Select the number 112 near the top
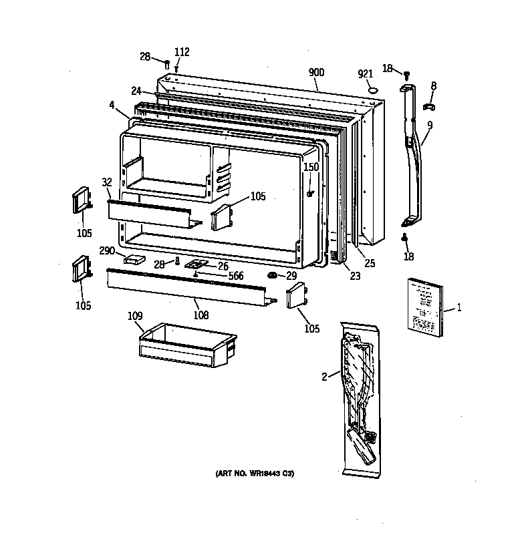pyautogui.click(x=182, y=53)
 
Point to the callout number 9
pyautogui.click(x=429, y=124)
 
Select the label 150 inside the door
pyautogui.click(x=311, y=167)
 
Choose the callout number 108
pyautogui.click(x=200, y=315)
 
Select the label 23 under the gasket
pyautogui.click(x=355, y=276)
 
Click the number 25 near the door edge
pyautogui.click(x=369, y=263)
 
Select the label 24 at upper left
pyautogui.click(x=136, y=91)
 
